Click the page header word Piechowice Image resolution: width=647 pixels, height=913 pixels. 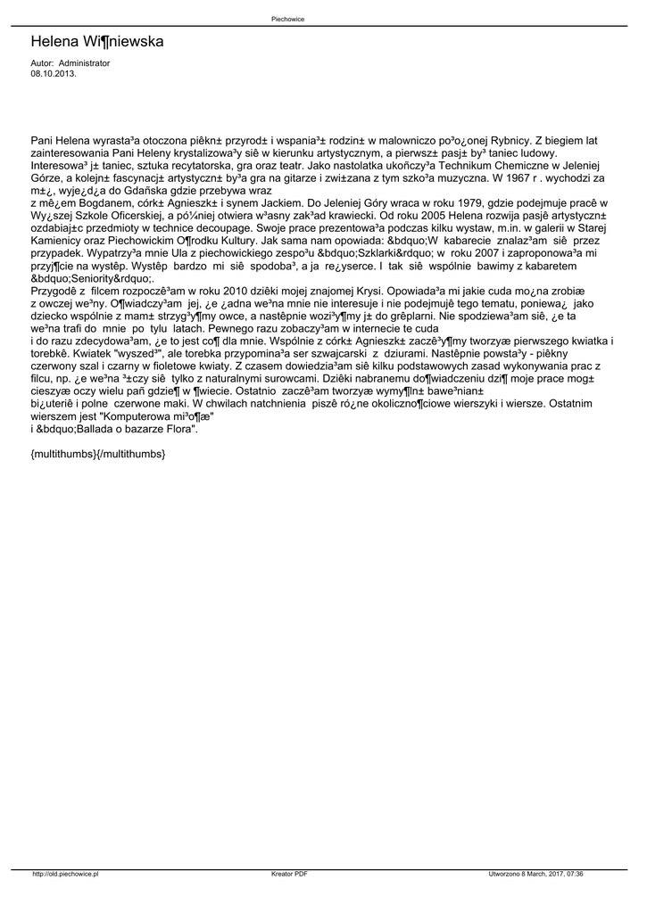[287, 19]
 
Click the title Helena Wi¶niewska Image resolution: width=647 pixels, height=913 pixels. [96, 42]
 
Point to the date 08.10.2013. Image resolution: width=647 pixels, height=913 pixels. [54, 74]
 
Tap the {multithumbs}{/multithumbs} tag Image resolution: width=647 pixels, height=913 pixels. [97, 454]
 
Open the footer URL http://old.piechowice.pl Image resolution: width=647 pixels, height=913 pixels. [65, 874]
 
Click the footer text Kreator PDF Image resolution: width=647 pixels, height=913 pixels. [289, 874]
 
